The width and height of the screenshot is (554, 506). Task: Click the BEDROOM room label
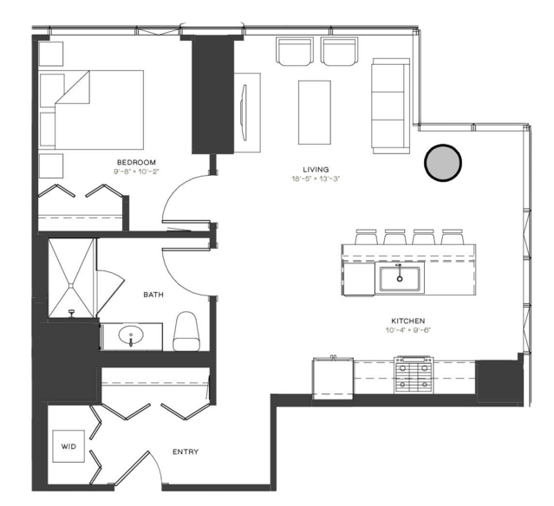136,162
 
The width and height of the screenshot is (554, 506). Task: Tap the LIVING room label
316,170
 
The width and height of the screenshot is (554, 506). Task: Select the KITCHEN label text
407,321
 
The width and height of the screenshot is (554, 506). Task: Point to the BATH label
153,295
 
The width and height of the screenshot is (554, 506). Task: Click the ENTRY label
186,451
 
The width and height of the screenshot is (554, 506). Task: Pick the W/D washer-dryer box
68,446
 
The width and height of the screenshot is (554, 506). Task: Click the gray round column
443,163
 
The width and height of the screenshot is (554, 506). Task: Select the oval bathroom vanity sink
131,334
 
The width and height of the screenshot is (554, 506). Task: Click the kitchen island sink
400,278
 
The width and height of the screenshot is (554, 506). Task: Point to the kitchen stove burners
414,375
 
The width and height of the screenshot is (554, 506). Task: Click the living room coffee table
315,113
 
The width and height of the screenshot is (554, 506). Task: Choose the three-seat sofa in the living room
391,106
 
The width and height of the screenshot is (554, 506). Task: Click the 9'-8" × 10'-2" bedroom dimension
136,172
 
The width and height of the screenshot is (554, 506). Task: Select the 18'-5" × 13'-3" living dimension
316,178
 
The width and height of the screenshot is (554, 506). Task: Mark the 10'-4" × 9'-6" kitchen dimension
408,330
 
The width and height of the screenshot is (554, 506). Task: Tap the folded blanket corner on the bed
73,88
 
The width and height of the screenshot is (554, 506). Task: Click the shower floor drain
71,284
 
